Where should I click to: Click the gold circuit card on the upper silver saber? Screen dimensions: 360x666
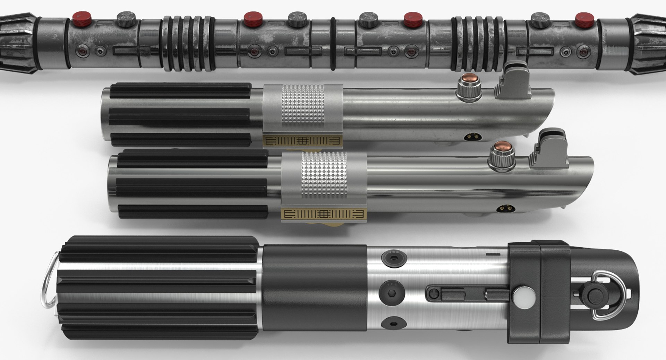click(x=302, y=141)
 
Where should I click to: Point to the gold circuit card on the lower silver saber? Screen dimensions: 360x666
click(x=323, y=214)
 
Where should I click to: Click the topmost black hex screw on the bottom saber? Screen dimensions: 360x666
click(x=389, y=257)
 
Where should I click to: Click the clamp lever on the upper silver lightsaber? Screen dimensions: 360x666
click(x=513, y=79)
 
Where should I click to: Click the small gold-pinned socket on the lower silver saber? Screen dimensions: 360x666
click(x=502, y=208)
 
